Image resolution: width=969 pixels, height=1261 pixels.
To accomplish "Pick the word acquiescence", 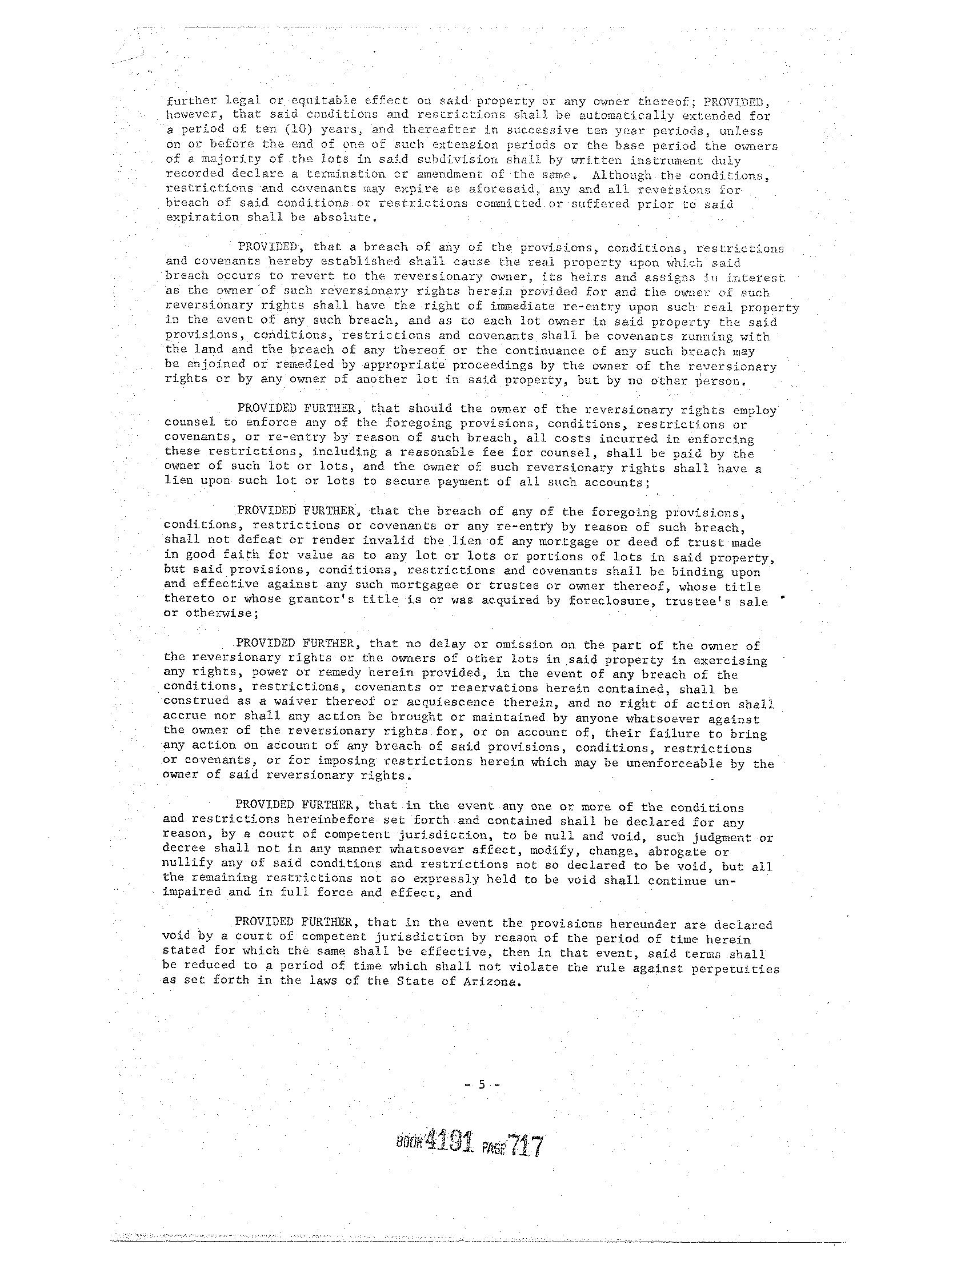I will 443,702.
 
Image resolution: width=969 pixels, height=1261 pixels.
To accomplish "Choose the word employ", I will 755,410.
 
